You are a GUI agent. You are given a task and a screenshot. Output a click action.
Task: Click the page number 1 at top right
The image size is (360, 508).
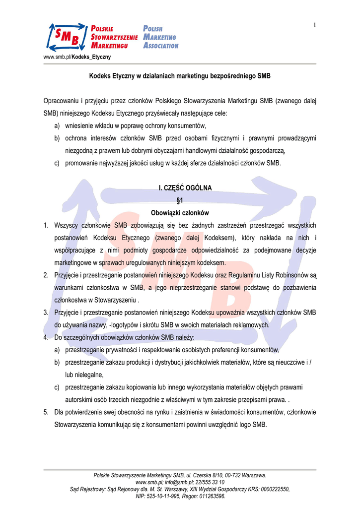pos(315,25)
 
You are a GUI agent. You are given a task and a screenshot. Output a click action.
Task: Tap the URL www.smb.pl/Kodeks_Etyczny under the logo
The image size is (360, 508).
pos(77,57)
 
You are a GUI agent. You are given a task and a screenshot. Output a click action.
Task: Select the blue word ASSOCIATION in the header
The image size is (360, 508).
pos(160,46)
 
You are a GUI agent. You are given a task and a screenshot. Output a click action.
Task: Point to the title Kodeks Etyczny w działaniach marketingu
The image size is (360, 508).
pos(180,76)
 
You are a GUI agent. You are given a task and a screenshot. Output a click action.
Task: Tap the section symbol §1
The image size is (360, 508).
pos(180,200)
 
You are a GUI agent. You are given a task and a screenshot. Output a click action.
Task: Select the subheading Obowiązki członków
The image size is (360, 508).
pos(180,213)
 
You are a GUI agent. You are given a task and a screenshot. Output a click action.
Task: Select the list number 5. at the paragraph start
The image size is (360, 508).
pos(46,412)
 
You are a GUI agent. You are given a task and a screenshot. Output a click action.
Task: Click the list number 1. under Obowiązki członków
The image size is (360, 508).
pos(46,225)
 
